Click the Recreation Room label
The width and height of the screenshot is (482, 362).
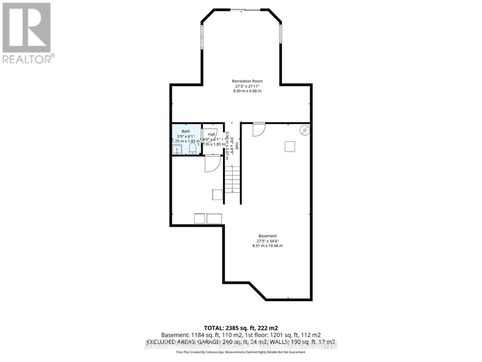247,81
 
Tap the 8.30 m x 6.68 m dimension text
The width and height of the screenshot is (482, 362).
247,91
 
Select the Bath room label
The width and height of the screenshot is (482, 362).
186,131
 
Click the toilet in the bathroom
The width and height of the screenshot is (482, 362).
193,148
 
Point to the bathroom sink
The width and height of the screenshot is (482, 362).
177,150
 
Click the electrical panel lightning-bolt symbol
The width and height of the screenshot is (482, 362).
305,130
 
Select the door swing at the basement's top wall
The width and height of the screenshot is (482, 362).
258,129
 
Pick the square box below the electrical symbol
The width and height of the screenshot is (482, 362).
290,147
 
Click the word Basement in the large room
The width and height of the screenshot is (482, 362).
267,236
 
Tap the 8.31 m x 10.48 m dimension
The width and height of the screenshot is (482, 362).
267,246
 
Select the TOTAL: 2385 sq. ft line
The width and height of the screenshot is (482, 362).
241,328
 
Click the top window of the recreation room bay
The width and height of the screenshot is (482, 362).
246,10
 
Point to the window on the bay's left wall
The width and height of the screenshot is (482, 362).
202,37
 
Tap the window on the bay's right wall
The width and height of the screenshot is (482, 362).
280,34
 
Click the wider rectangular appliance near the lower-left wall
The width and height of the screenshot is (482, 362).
214,218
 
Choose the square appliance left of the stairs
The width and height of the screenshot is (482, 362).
217,195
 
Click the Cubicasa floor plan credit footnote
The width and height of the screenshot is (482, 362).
241,352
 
